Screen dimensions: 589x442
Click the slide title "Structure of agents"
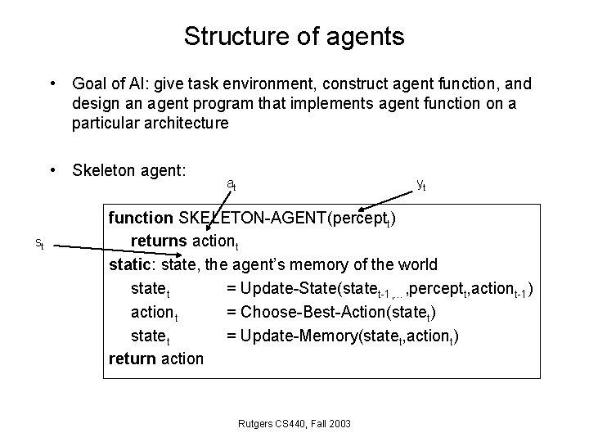click(294, 36)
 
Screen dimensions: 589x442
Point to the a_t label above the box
click(232, 184)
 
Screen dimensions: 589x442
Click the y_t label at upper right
click(420, 185)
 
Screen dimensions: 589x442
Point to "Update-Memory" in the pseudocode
click(296, 335)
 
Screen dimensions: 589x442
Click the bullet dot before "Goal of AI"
click(52, 83)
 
